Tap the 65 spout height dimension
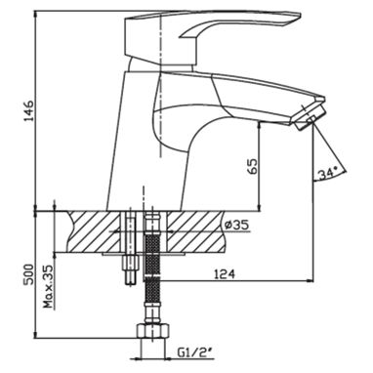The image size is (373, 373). pyautogui.click(x=253, y=167)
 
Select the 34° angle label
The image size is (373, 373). pyautogui.click(x=327, y=174)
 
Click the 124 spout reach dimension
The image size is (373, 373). pyautogui.click(x=225, y=274)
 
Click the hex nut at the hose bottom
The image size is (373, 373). pyautogui.click(x=152, y=331)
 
